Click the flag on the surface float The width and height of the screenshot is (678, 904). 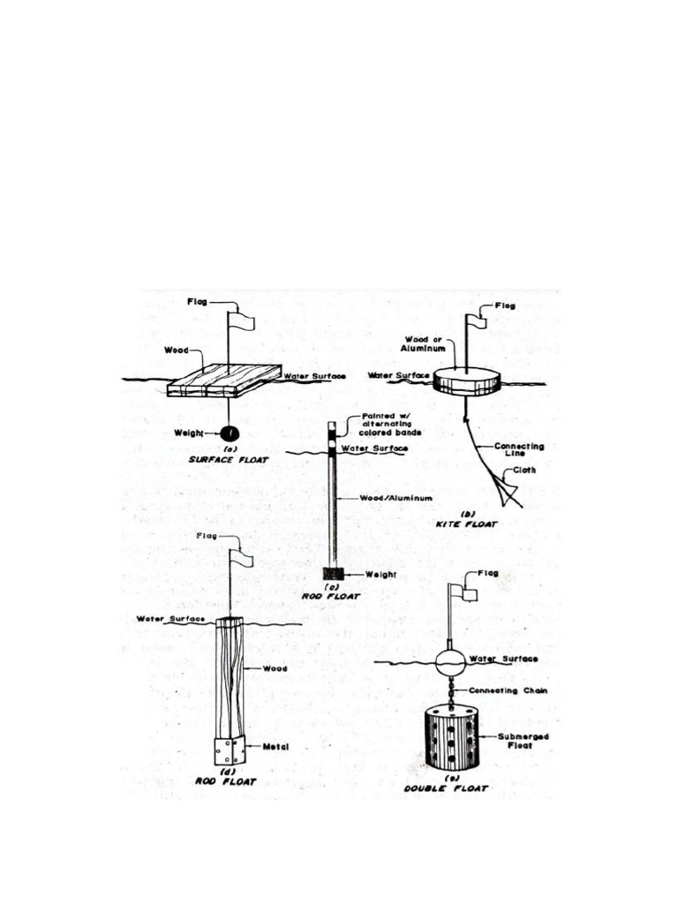[242, 320]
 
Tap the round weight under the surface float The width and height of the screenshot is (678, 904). [230, 433]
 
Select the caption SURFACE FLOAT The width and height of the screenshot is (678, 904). [229, 459]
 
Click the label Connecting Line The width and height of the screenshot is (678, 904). [518, 449]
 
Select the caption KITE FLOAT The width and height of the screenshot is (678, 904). [466, 524]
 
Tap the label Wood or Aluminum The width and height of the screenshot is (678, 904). [423, 344]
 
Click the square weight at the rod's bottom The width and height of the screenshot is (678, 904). [334, 574]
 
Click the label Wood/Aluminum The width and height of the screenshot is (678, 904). [396, 498]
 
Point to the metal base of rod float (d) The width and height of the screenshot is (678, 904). [230, 750]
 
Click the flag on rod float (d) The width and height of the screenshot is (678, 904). [242, 558]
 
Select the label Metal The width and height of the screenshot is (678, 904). [275, 747]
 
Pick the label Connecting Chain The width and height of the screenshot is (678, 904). [508, 690]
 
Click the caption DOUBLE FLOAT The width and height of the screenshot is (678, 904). [446, 788]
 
